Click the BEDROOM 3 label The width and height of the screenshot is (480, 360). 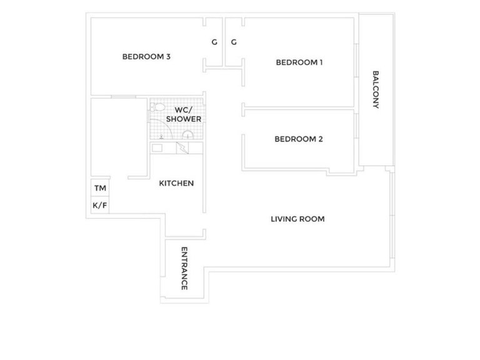click(146, 57)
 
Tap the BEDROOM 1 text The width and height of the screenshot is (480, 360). click(299, 62)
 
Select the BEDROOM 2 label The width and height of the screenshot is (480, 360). click(298, 139)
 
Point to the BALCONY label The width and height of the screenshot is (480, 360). click(376, 89)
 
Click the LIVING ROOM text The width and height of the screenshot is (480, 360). click(297, 219)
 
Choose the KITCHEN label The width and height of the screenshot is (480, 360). click(176, 183)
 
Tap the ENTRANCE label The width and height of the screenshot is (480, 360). click(184, 268)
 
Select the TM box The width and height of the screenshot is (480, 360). click(99, 188)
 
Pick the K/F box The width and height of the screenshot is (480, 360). click(99, 205)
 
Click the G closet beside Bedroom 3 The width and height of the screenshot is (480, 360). click(214, 42)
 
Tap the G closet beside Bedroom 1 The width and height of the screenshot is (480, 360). click(234, 42)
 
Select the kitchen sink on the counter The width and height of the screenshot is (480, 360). click(158, 147)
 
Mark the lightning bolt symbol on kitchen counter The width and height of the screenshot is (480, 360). click(182, 148)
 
